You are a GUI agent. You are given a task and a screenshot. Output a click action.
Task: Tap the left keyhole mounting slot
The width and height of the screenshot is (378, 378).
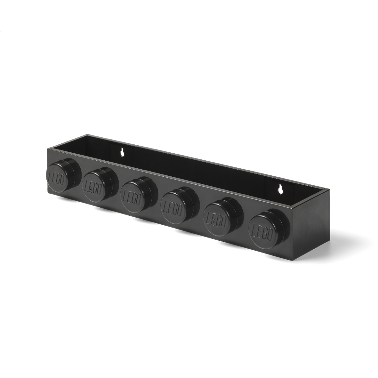(123, 152)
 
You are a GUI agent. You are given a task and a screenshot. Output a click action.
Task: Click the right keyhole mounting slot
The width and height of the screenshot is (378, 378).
(280, 189)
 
